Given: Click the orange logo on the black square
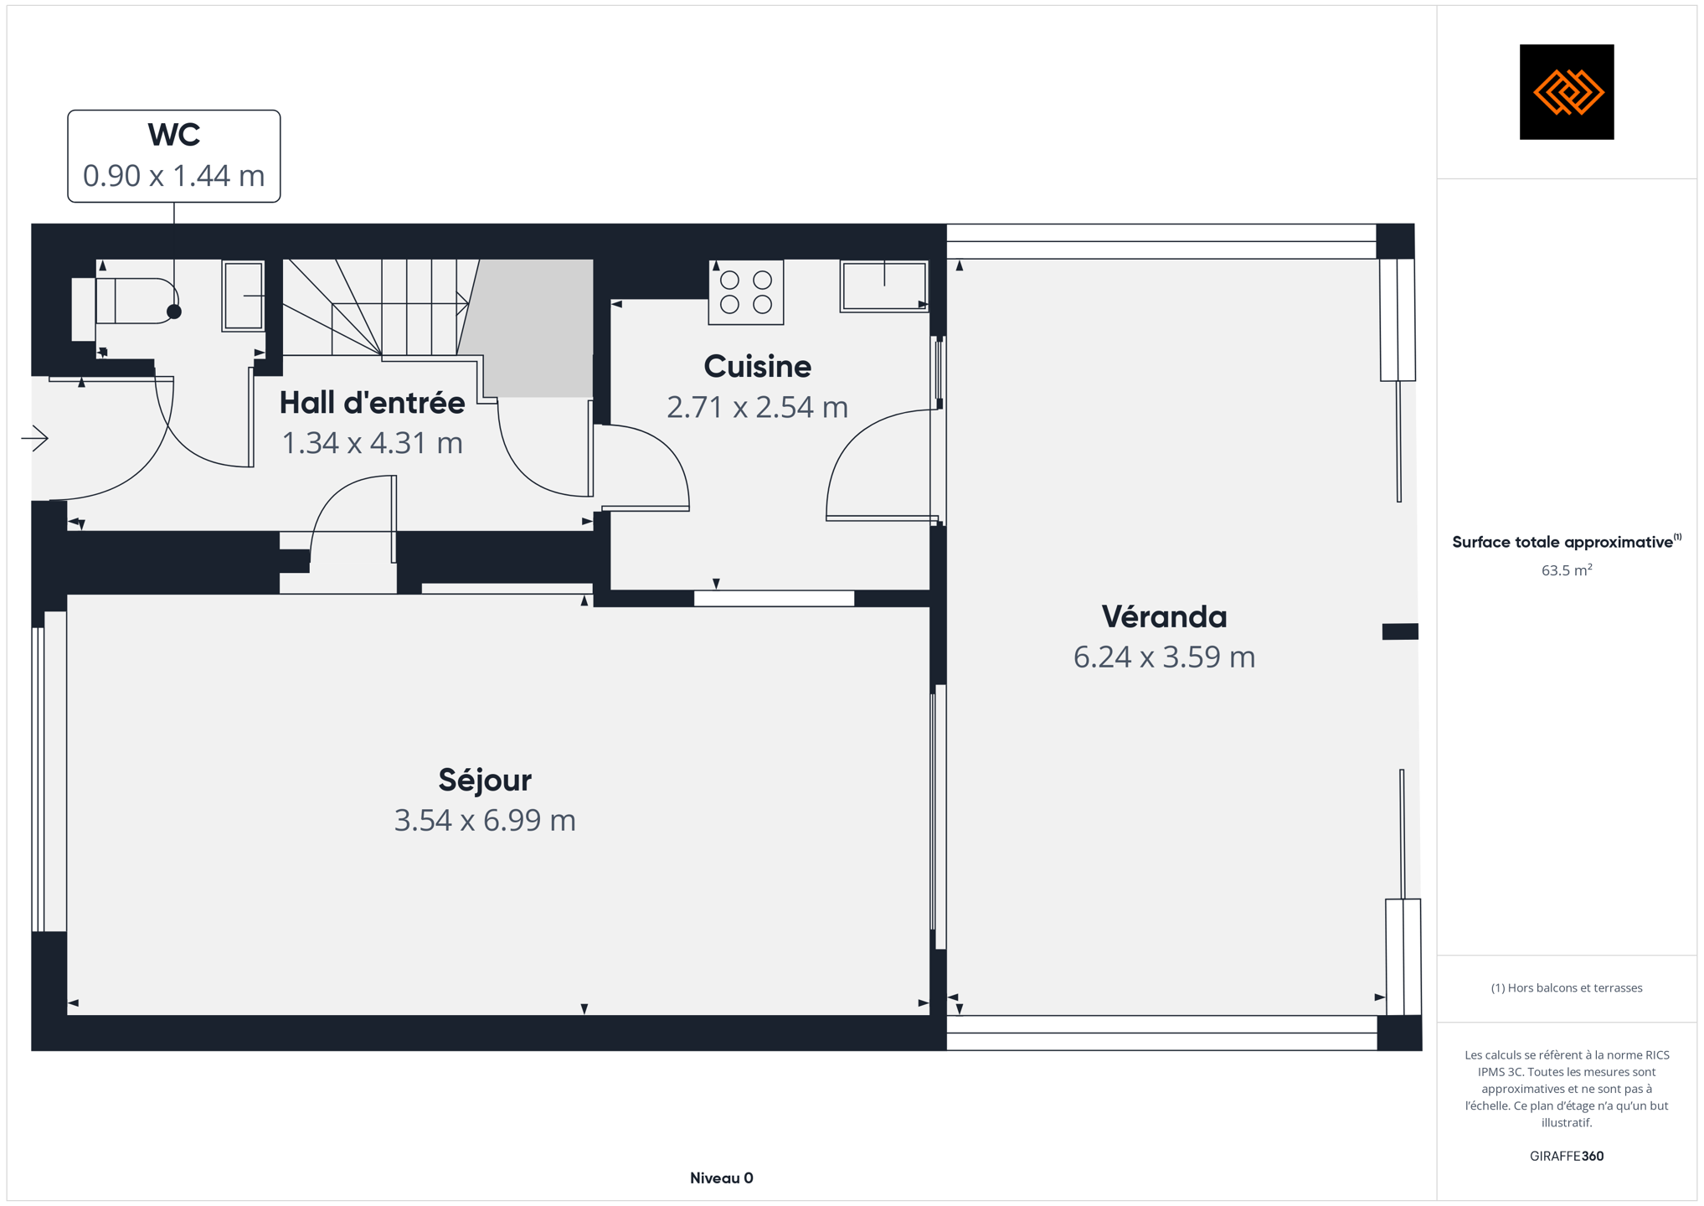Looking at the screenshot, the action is pos(1568,92).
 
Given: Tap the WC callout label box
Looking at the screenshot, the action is pos(174,156).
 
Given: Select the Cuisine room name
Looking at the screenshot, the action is pos(757,367).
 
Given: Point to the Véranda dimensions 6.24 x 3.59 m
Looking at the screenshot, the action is pos(1164,657).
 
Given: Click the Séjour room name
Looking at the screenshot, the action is pos(485,780).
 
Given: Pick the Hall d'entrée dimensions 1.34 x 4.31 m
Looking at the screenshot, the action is pos(372,443).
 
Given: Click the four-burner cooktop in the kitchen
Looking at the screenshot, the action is pos(746,292).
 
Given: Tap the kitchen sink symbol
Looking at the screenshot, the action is pos(884,286).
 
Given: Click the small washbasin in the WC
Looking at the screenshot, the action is pos(244,296).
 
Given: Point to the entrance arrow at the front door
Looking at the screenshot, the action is pos(35,438).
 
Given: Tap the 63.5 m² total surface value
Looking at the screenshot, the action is pos(1567,570).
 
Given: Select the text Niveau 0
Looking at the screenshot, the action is pos(722,1178).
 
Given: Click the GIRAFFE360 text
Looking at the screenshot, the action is pos(1567,1157).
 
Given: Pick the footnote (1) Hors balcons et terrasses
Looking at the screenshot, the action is pos(1567,988).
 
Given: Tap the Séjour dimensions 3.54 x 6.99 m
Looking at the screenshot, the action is pos(485,821).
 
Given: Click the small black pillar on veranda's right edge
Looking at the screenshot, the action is pos(1400,631).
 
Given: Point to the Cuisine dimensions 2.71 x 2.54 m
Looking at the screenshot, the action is pos(757,407).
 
